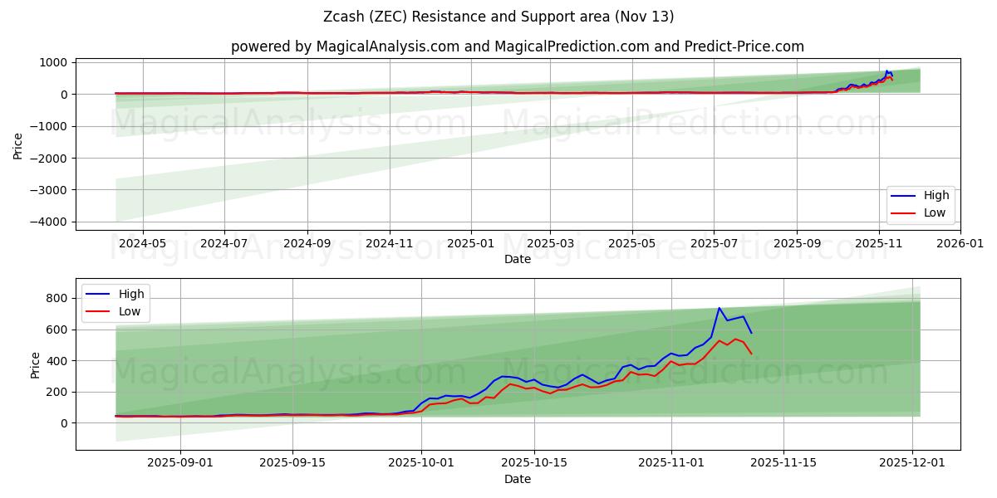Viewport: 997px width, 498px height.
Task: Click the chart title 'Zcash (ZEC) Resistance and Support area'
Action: point(498,17)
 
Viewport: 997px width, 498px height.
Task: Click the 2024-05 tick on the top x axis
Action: point(143,245)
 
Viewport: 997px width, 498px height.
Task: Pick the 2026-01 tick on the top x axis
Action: point(960,245)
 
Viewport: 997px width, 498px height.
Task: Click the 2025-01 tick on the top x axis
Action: point(471,245)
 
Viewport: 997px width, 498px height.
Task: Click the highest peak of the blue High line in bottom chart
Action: point(720,308)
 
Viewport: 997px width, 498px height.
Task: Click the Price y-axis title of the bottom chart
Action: point(35,364)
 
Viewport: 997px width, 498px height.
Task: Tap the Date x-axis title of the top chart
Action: point(518,260)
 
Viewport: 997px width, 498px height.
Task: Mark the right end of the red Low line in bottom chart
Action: point(751,354)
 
